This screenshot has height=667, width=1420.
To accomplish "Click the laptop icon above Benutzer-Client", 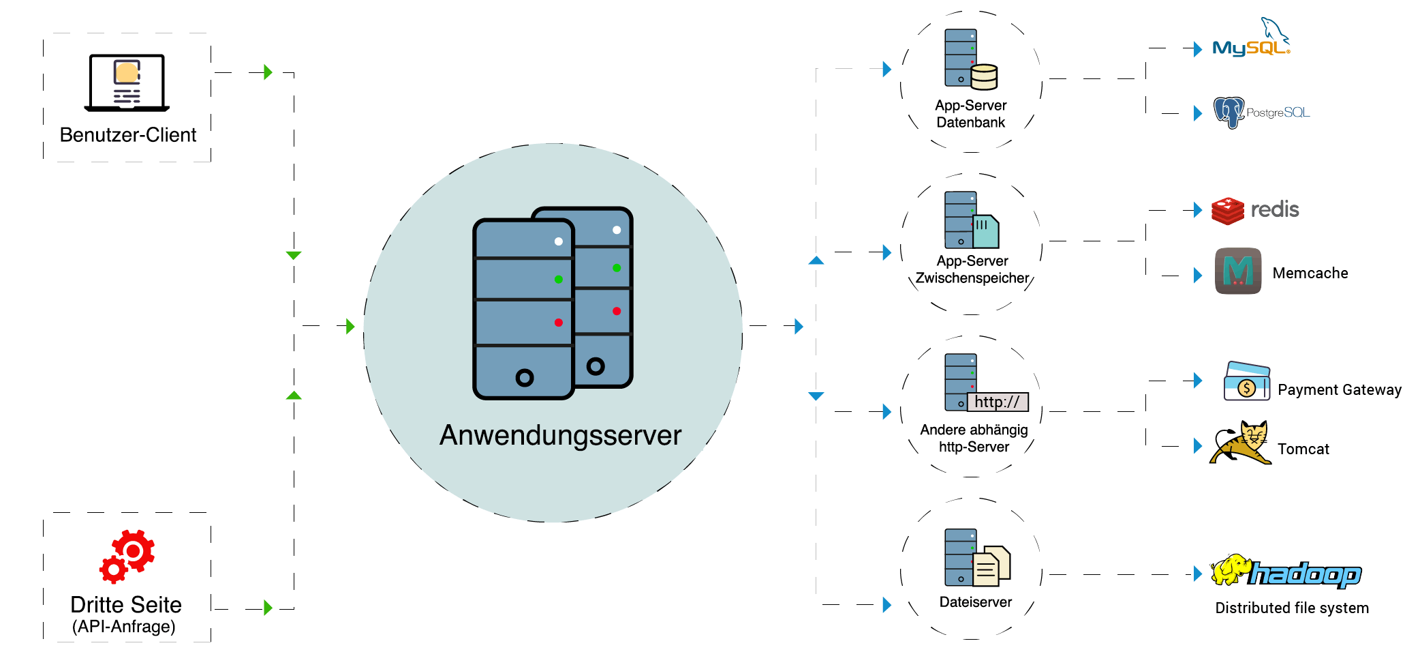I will [127, 83].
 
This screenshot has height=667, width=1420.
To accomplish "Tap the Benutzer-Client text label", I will [127, 135].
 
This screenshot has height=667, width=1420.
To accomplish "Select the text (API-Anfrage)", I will [124, 627].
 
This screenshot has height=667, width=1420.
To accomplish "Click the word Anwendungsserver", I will [560, 435].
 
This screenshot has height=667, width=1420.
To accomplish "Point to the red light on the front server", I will [558, 323].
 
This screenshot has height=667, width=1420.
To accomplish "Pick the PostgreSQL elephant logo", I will [1229, 113].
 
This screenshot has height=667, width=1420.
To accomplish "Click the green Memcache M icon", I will [1237, 271].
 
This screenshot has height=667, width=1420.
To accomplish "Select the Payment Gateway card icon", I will [1246, 382].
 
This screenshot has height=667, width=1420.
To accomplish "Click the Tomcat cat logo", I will [1241, 444].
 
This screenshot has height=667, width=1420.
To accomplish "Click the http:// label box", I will [997, 402].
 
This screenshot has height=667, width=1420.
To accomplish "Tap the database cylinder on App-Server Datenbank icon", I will [984, 76].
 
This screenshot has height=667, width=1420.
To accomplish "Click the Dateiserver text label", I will [975, 602].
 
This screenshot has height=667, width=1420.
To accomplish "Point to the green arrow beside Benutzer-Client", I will [268, 72].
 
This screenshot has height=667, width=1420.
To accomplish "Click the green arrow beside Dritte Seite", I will [268, 608].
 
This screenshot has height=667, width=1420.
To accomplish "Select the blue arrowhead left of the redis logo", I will [1198, 209].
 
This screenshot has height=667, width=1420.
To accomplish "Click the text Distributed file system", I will [1292, 608].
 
